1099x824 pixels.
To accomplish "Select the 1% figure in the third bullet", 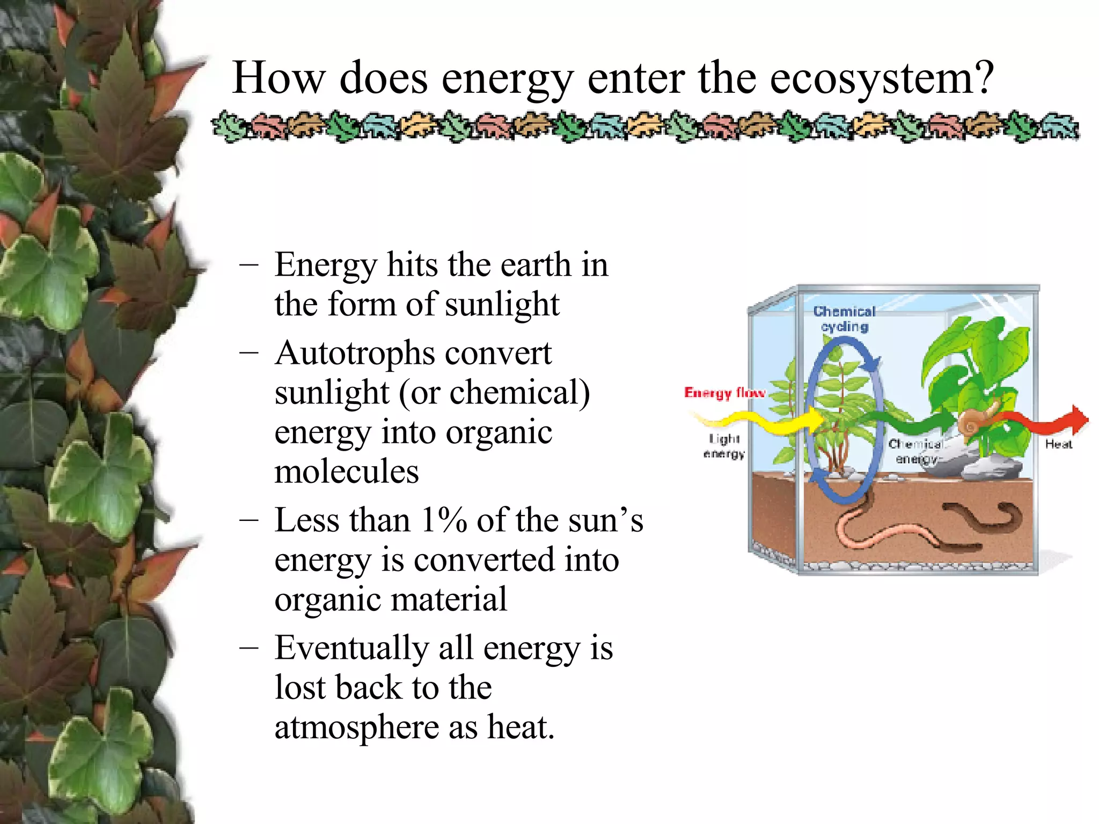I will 443,520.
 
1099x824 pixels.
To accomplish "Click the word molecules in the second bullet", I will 346,472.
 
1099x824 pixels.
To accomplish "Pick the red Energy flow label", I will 724,393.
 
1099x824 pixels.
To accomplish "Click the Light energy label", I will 724,446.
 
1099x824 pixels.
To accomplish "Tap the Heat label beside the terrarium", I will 1058,444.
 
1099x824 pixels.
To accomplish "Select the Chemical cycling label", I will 844,319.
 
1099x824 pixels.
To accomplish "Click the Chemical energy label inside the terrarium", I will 916,451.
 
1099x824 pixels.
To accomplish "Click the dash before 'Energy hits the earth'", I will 249,265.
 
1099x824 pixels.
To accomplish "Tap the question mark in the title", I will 984,79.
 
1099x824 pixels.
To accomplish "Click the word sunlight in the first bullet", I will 502,305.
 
